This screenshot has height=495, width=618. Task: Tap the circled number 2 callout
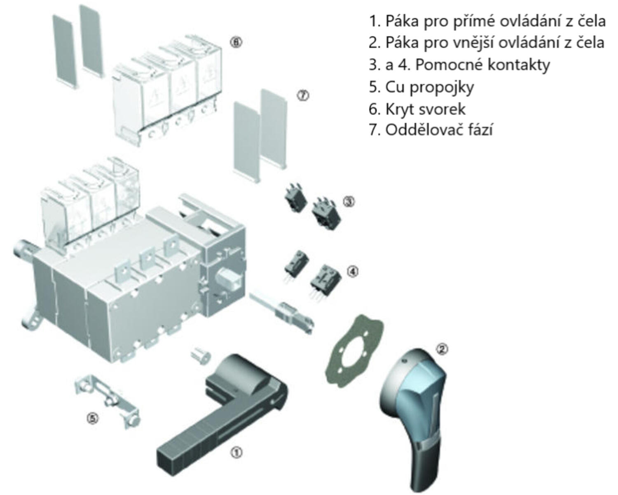pyautogui.click(x=442, y=349)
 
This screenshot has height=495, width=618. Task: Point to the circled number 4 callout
pyautogui.click(x=353, y=271)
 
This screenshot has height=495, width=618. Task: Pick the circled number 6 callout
pyautogui.click(x=236, y=42)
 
